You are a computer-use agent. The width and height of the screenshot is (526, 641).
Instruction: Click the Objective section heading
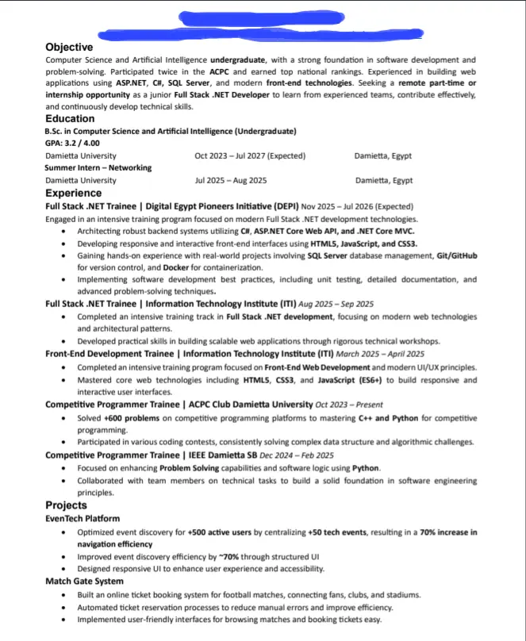click(69, 48)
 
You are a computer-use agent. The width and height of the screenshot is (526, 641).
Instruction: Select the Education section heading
click(70, 119)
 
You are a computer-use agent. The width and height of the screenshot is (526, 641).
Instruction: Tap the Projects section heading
click(66, 505)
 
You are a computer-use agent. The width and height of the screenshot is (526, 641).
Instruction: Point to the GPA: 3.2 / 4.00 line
click(72, 144)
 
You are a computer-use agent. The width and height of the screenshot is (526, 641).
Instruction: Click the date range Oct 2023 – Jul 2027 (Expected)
click(250, 156)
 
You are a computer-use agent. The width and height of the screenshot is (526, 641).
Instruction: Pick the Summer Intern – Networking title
click(98, 168)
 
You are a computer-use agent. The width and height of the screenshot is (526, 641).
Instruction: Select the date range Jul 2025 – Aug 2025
click(231, 181)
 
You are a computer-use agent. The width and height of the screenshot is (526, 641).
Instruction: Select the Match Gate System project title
click(83, 582)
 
